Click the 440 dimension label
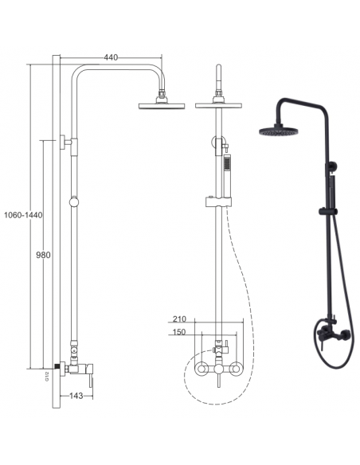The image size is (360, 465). pyautogui.click(x=111, y=57)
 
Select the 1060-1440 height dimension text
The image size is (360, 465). pyautogui.click(x=23, y=215)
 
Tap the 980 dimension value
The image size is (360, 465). pyautogui.click(x=43, y=255)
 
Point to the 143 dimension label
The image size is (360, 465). pyautogui.click(x=76, y=396)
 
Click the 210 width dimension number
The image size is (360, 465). pyautogui.click(x=180, y=318)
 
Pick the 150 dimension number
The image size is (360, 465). pyautogui.click(x=178, y=332)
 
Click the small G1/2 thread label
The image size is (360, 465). pyautogui.click(x=47, y=377)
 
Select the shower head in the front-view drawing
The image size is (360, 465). pyautogui.click(x=218, y=104)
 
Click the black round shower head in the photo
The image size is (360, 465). pyautogui.click(x=279, y=131)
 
